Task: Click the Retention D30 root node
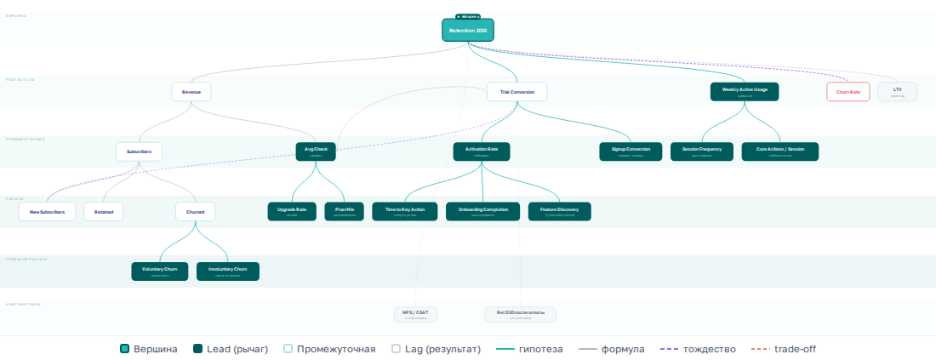pos(467,31)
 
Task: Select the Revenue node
pos(191,91)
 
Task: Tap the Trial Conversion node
pos(517,91)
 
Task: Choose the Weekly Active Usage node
pos(745,91)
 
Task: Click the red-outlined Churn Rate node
pos(848,91)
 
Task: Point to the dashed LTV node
pos(897,91)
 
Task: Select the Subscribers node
pos(139,151)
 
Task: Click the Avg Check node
pos(316,151)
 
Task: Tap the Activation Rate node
pos(482,151)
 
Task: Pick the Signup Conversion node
pos(631,151)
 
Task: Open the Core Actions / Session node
pos(780,151)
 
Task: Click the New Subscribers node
pos(47,211)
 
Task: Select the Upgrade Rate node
pos(292,211)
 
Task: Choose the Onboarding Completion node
pos(482,211)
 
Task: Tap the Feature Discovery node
pos(559,211)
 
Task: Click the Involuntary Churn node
pos(227,271)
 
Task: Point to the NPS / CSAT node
pos(415,314)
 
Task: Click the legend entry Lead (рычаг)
pos(231,349)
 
